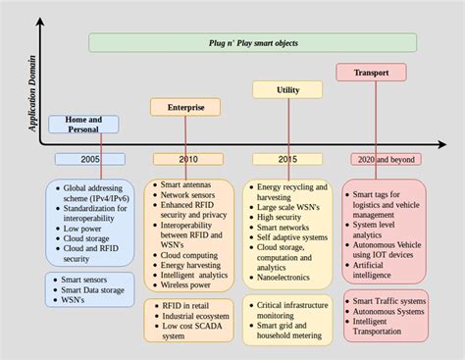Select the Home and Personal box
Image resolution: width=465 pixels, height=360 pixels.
[83, 124]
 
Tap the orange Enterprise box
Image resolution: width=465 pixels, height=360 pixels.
[184, 106]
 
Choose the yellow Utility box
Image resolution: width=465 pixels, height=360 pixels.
[286, 89]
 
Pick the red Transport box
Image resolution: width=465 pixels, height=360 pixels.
[371, 72]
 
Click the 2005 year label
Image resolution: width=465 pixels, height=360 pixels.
[89, 159]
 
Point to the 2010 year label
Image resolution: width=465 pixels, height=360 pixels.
[187, 159]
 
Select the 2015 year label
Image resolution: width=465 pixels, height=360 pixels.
[286, 159]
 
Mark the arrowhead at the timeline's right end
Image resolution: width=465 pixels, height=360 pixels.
[444, 145]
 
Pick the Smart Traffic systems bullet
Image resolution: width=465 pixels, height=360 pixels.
[388, 300]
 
